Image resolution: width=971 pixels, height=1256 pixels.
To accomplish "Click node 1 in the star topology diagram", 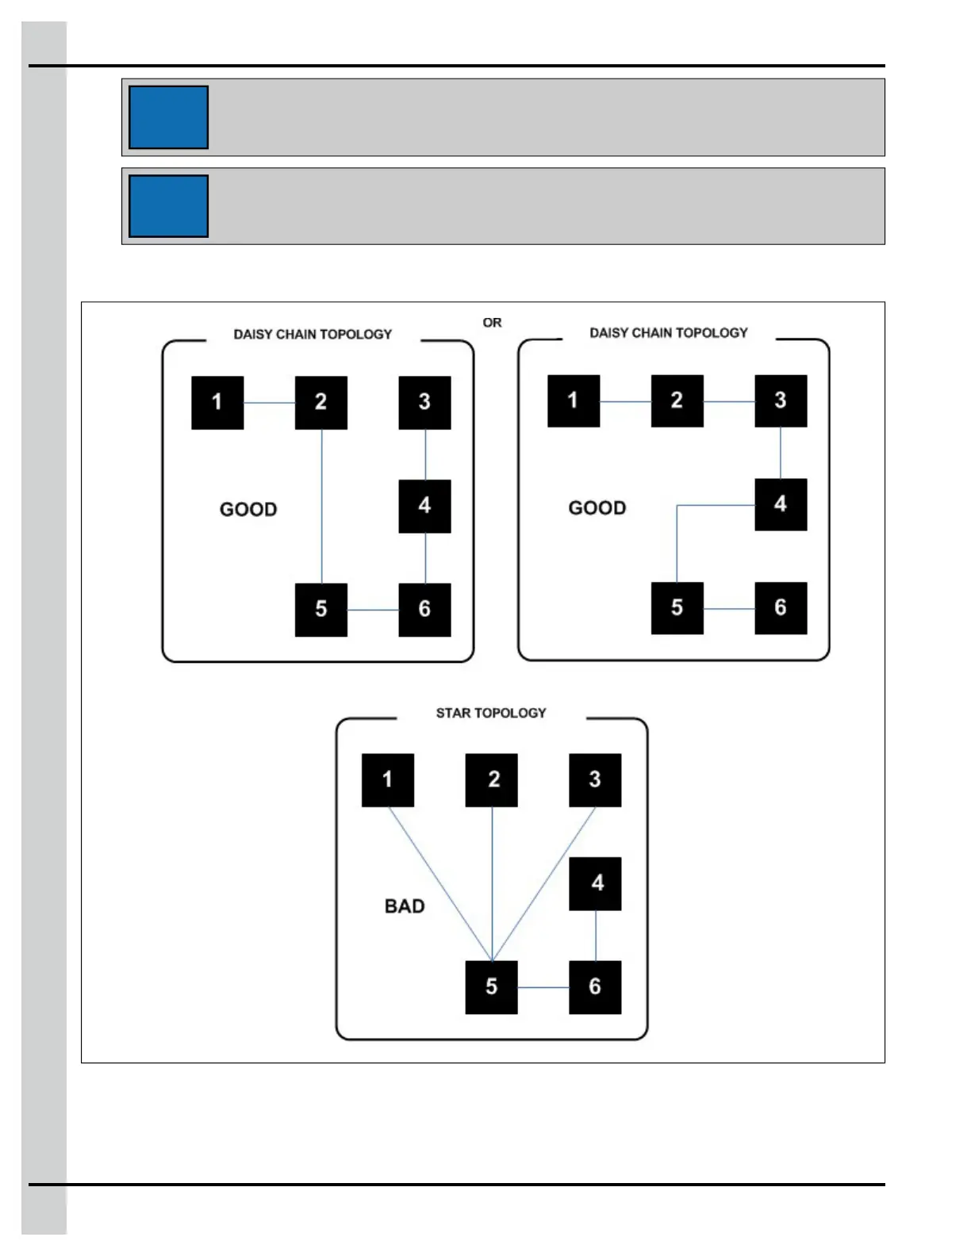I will pyautogui.click(x=388, y=780).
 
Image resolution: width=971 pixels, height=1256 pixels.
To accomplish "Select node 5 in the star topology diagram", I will pyautogui.click(x=491, y=987).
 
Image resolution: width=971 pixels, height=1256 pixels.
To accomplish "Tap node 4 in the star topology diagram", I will pyautogui.click(x=595, y=883).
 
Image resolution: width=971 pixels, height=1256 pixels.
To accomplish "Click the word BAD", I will pyautogui.click(x=405, y=906).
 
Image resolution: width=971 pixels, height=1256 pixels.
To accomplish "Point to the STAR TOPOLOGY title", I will pyautogui.click(x=491, y=713).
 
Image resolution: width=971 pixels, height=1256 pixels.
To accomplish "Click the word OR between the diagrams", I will pyautogui.click(x=492, y=323).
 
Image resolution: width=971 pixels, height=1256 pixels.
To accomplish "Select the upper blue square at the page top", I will pyautogui.click(x=168, y=117).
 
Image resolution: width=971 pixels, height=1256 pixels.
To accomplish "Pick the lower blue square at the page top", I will pyautogui.click(x=168, y=206).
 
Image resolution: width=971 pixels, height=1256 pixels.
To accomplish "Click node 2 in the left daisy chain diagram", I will pyautogui.click(x=321, y=403).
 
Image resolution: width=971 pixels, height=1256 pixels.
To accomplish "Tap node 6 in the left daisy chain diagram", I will pyautogui.click(x=424, y=610).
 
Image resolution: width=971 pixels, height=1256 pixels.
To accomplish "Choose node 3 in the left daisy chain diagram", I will pyautogui.click(x=424, y=403).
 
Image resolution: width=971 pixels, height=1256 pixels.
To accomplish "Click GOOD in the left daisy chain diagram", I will pyautogui.click(x=248, y=509).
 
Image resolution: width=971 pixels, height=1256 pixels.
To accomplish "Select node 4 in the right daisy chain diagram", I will pyautogui.click(x=781, y=504).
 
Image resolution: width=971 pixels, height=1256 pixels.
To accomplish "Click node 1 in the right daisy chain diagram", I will pyautogui.click(x=574, y=401).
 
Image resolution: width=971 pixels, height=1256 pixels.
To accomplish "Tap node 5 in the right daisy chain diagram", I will pyautogui.click(x=677, y=608).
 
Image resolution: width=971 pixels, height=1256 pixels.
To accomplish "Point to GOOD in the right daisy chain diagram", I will pyautogui.click(x=597, y=507).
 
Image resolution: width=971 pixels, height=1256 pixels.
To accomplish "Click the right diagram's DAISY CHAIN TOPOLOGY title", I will pyautogui.click(x=669, y=333).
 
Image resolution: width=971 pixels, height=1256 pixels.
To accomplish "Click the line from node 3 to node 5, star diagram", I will pyautogui.click(x=543, y=884).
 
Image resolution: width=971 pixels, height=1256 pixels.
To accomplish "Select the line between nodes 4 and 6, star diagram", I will pyautogui.click(x=596, y=936).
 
